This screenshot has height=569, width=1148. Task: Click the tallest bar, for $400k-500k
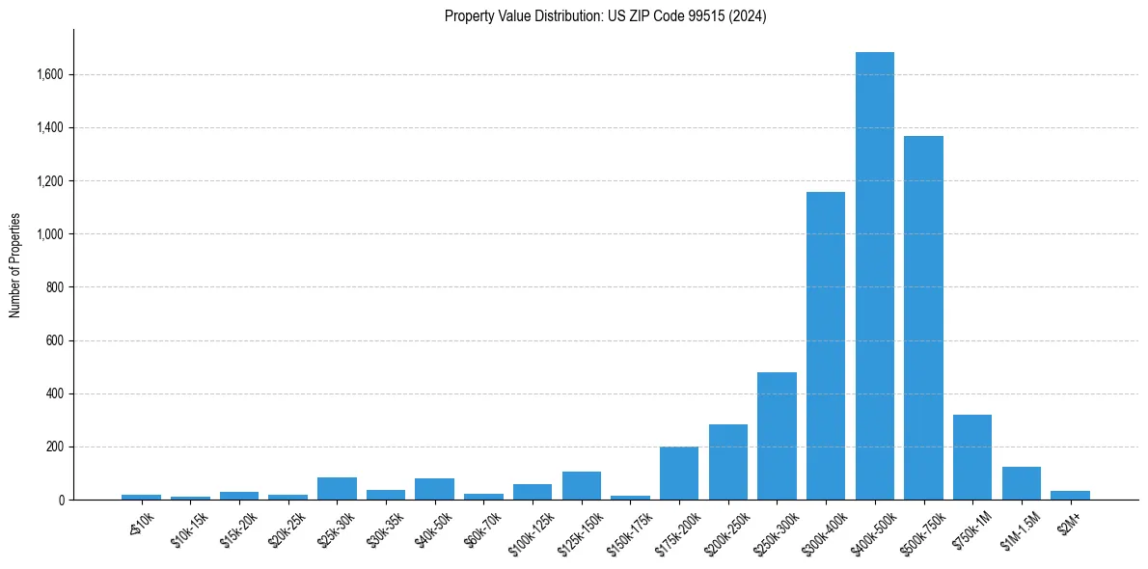click(874, 276)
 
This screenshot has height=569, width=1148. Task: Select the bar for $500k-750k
click(923, 318)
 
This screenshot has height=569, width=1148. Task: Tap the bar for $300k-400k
click(826, 345)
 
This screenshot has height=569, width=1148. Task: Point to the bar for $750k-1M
click(971, 457)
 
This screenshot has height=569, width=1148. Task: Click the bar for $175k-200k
click(679, 474)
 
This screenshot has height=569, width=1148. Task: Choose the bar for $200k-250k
click(728, 462)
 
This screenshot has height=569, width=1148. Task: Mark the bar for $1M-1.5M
click(1021, 483)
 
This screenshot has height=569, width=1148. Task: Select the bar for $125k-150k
click(582, 486)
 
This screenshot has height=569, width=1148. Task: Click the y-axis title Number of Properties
click(15, 265)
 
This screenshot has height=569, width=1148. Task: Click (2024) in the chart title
click(748, 16)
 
